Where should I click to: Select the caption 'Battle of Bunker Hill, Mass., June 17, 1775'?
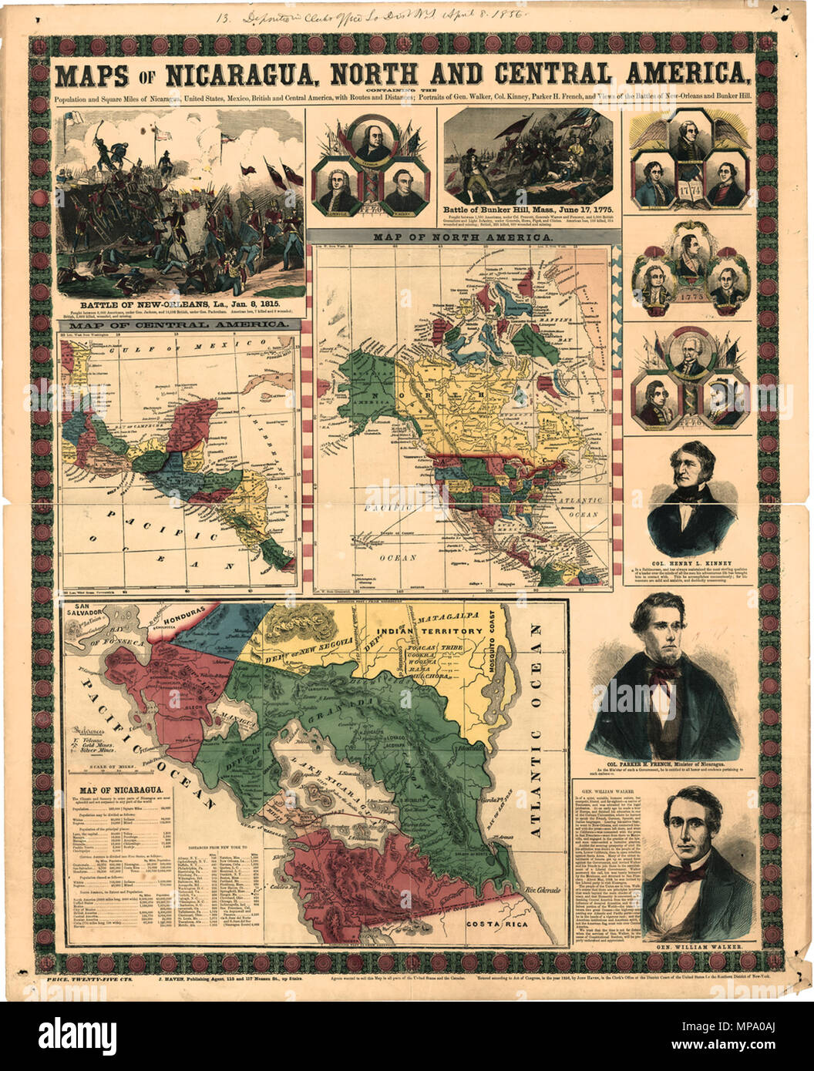[526, 209]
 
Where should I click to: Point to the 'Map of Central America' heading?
[178, 326]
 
